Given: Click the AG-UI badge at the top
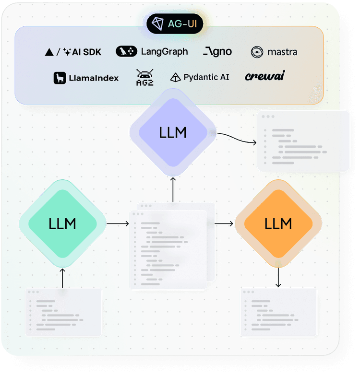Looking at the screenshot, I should [175, 23].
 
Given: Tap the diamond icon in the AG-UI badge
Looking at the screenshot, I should [158, 23].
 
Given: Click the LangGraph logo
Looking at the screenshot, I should [152, 51].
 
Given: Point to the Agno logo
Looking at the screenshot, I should [217, 51].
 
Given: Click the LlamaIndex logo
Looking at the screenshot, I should [86, 78].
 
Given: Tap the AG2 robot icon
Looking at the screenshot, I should [144, 77].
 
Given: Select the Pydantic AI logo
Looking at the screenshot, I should [200, 77].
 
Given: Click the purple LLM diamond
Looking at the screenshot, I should [173, 132].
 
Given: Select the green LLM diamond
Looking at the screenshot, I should [62, 223].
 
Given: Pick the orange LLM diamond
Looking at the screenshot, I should [278, 223].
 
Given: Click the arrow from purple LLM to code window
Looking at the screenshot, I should [238, 138].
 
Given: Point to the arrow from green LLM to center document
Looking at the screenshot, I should [118, 223].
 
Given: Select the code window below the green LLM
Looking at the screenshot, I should [63, 312].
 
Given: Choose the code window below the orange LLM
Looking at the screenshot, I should [278, 312].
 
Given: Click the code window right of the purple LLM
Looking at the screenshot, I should [303, 141].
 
